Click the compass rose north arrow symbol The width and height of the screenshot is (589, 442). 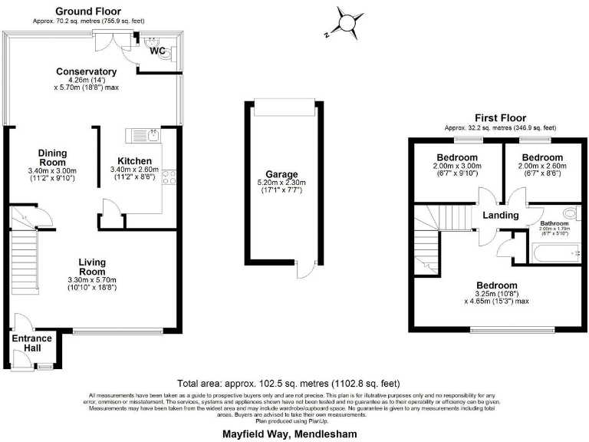click(348, 21)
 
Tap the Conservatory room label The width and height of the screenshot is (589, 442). click(87, 71)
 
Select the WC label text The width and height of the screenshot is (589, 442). click(158, 51)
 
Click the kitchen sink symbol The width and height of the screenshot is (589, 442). click(150, 135)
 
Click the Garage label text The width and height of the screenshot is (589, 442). click(281, 174)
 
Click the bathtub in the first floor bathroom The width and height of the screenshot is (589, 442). click(556, 251)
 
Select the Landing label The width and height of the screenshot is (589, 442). click(500, 216)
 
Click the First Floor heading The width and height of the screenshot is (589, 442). click(500, 117)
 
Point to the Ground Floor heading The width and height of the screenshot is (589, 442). click(89, 11)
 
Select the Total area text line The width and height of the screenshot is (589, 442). click(288, 383)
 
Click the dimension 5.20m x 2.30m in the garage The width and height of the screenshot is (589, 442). click(281, 183)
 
